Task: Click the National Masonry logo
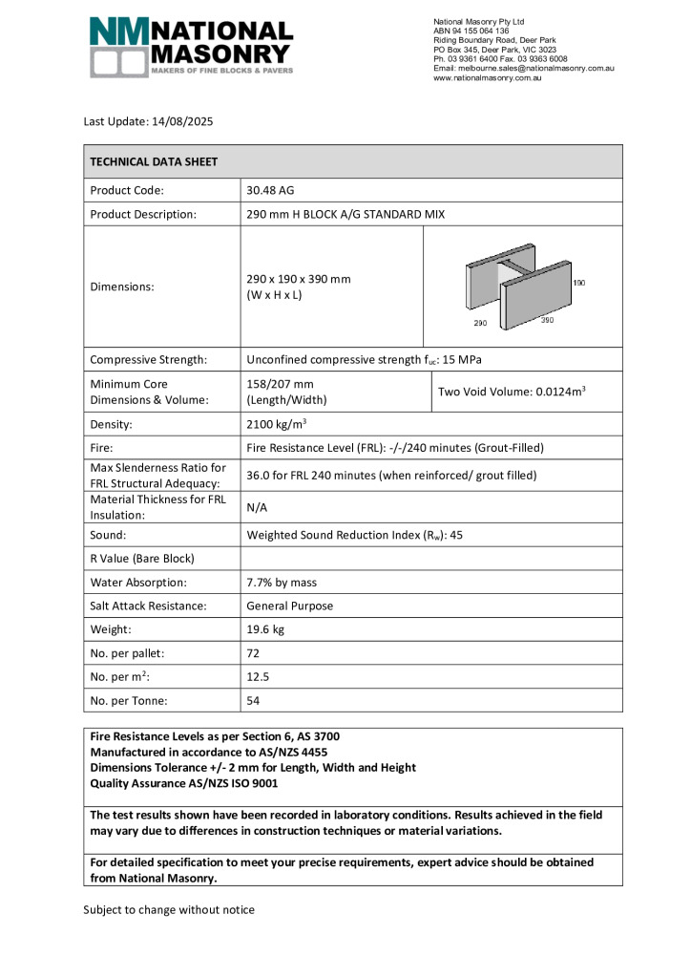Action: (x=191, y=47)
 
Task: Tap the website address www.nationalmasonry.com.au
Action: (x=487, y=77)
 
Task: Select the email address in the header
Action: (x=523, y=68)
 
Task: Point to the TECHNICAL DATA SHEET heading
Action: (x=154, y=161)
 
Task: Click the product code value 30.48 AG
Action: (x=270, y=190)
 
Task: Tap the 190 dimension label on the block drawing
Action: (x=578, y=284)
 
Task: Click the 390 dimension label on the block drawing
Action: (x=547, y=320)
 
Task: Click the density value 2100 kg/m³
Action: (x=276, y=424)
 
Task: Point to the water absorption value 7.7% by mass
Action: (x=282, y=582)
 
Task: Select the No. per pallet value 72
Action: (x=253, y=653)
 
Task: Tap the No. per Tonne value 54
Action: (x=253, y=700)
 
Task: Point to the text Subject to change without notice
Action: (x=169, y=909)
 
